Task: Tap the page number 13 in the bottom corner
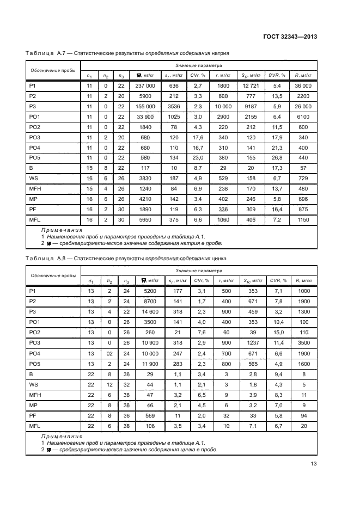pos(313,464)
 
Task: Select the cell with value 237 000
pos(145,86)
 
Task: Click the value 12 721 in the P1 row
pos(251,86)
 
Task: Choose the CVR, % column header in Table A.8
pos(277,280)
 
